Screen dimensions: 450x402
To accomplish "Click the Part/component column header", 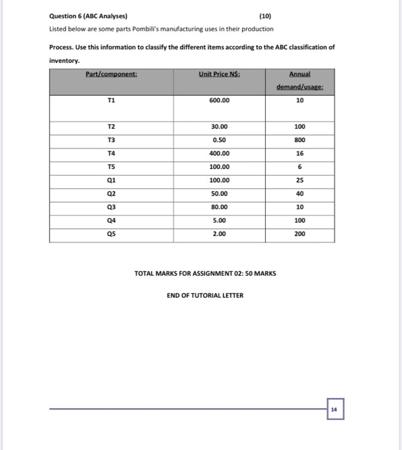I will (112, 75).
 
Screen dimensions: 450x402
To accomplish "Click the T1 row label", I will (112, 100).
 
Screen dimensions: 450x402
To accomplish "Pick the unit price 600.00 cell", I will (219, 100).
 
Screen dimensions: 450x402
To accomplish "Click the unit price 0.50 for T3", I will (219, 140).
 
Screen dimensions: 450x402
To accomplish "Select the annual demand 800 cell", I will (300, 140).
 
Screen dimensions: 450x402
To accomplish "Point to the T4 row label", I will (112, 154).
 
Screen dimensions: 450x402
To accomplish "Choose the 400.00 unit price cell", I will (219, 154).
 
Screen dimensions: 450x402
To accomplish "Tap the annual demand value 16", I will (300, 154).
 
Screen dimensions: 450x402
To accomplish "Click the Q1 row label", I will (112, 181).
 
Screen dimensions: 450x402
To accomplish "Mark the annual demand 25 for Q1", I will (300, 181).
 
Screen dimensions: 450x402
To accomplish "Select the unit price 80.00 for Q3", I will (219, 207).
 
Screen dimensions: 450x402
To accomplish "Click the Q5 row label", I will (112, 234).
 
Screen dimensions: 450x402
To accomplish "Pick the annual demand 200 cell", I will (300, 234).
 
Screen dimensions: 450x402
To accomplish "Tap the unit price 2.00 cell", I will (219, 234).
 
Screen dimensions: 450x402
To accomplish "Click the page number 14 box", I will (335, 409).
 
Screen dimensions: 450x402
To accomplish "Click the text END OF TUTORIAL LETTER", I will (205, 296).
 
